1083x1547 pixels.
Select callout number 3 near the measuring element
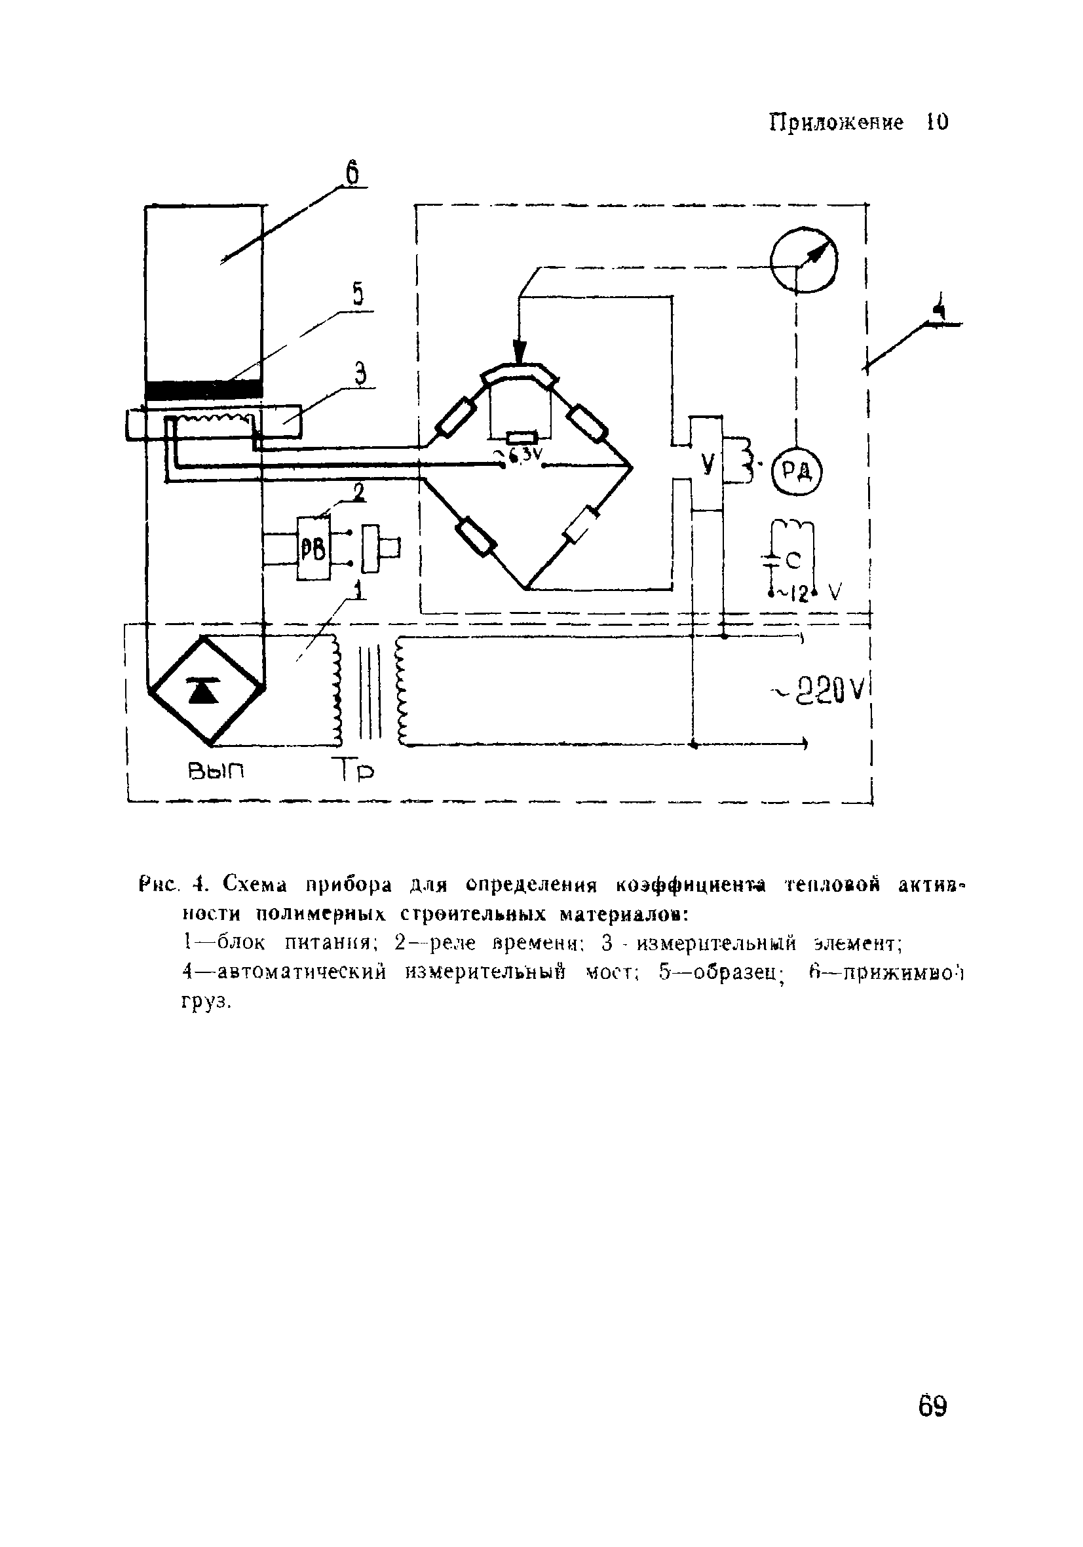tap(360, 373)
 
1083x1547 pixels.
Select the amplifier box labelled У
tap(706, 463)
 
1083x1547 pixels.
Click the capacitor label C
tap(793, 559)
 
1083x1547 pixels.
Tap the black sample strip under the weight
tap(204, 390)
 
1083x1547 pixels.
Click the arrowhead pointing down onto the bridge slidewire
tap(519, 351)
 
